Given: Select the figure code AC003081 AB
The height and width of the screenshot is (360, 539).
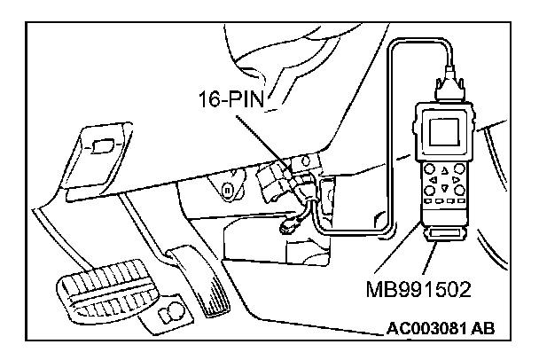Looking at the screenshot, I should [441, 330].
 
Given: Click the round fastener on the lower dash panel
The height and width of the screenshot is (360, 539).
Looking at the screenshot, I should [228, 190].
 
